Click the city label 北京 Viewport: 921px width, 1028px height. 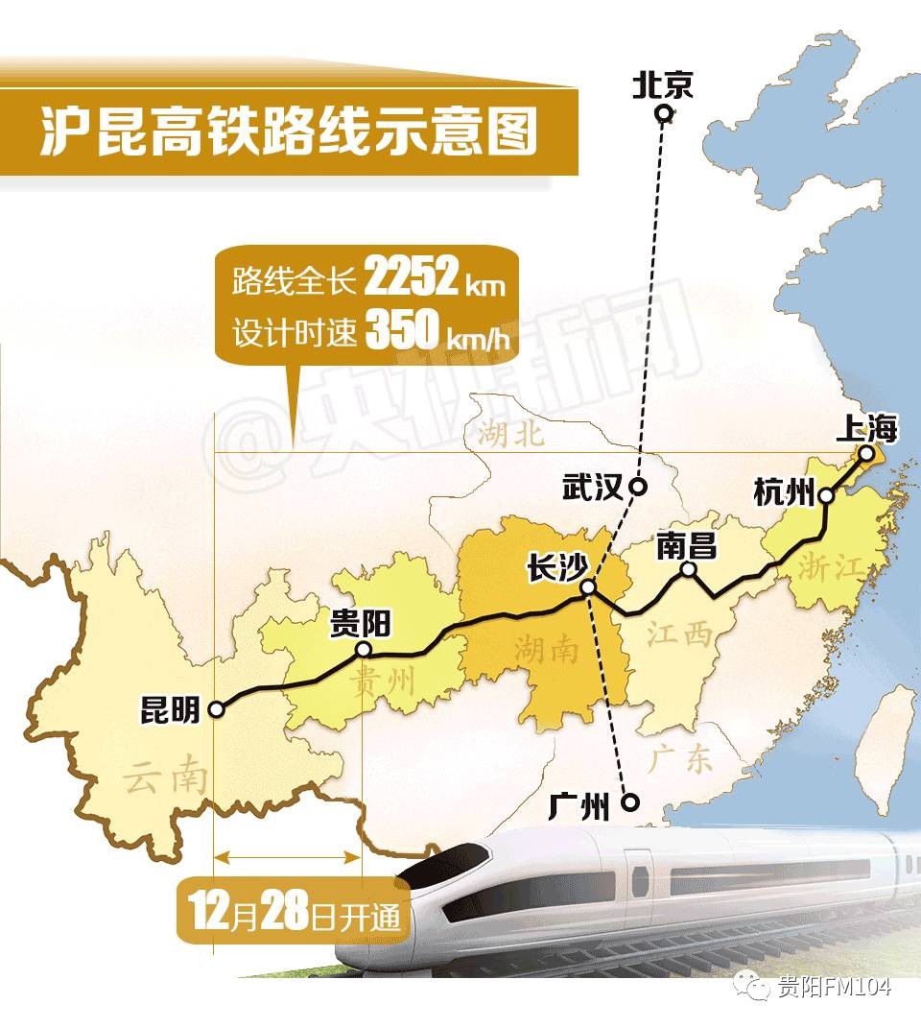coord(662,87)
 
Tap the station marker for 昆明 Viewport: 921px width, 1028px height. coord(217,708)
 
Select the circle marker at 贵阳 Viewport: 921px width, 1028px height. coord(364,650)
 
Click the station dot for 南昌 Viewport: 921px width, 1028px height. coord(688,569)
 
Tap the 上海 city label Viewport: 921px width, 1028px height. coord(865,429)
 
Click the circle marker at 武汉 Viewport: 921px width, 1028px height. coord(638,487)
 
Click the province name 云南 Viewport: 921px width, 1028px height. coord(166,777)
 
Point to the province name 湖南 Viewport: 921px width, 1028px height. coord(546,651)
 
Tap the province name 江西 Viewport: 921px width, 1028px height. coord(679,634)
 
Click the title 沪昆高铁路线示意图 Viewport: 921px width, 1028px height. coord(288,134)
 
